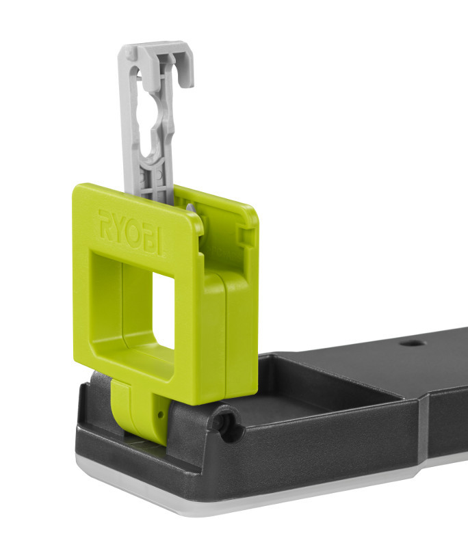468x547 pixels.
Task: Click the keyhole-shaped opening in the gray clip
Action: coord(153,117)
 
